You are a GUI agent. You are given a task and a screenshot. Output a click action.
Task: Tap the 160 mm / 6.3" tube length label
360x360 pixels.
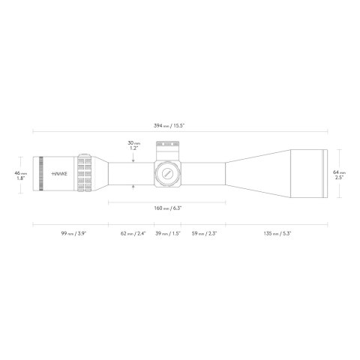pyautogui.click(x=166, y=208)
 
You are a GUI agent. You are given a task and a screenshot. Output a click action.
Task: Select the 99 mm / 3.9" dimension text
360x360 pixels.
pyautogui.click(x=71, y=234)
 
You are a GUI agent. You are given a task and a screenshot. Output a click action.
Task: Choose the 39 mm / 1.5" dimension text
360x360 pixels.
pyautogui.click(x=166, y=234)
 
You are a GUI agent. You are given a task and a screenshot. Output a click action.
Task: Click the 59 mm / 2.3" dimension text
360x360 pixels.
pyautogui.click(x=203, y=234)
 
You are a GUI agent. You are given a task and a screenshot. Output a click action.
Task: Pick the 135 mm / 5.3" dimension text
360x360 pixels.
pyautogui.click(x=275, y=234)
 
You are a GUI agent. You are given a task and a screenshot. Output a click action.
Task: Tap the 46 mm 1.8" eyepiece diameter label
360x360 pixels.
pyautogui.click(x=22, y=175)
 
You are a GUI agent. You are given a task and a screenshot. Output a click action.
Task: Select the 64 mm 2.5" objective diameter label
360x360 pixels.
pyautogui.click(x=340, y=175)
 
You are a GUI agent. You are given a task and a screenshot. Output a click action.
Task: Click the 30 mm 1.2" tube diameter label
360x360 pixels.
pyautogui.click(x=133, y=145)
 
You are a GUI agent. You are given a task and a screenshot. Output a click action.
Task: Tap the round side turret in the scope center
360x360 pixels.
pyautogui.click(x=166, y=172)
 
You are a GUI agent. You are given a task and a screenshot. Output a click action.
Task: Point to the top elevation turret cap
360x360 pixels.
pyautogui.click(x=166, y=147)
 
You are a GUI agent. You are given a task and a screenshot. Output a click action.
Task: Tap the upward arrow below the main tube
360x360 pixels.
pyautogui.click(x=133, y=187)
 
